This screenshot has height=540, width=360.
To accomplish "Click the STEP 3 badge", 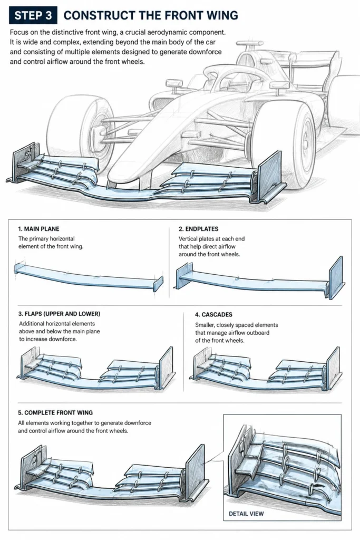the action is click(33, 15).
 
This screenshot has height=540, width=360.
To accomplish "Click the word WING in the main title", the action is click(222, 15).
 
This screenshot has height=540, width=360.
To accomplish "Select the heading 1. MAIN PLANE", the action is click(38, 229).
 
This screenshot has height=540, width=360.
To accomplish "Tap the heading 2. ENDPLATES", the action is click(198, 229).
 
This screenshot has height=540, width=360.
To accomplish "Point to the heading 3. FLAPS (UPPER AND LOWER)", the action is click(59, 314).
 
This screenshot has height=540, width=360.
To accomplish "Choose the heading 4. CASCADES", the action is click(213, 314).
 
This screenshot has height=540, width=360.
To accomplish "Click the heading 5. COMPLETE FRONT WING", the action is click(55, 412).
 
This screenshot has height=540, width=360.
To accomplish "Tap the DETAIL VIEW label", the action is click(246, 514).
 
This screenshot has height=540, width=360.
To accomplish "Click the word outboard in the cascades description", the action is click(256, 333).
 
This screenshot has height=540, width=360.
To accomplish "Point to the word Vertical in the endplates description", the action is click(188, 239).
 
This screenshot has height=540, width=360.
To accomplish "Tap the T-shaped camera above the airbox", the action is click(249, 44).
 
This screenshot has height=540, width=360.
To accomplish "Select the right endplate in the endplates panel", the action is click(336, 277).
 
